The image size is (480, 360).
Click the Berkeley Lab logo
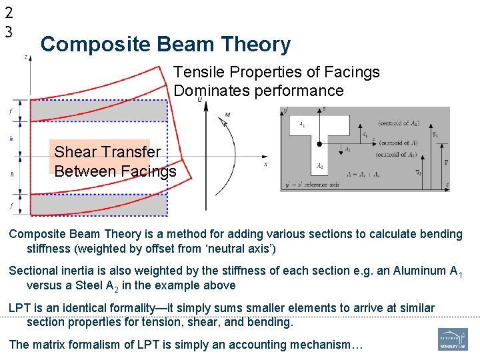pos(453,339)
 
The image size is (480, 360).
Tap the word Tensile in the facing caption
pos(195,72)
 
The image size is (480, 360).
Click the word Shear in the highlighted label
pos(73,152)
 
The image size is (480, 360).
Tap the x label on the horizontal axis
pos(266,164)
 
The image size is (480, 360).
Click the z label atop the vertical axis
pos(26,57)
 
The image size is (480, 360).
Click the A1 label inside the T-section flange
pos(303,124)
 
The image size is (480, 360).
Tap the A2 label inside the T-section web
pos(320,166)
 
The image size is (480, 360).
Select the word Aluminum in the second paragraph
pos(421,271)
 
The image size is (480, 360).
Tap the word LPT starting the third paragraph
pos(21,308)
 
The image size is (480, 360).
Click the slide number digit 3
pos(8,31)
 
